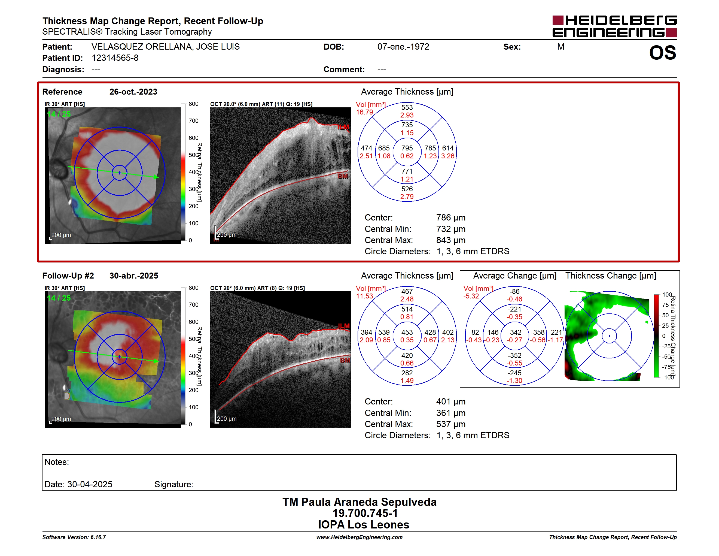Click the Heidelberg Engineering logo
coord(614,26)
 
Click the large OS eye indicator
coord(662,53)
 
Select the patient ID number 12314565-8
coord(115,58)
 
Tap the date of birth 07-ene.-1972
coord(403,47)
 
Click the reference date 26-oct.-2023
coord(133,92)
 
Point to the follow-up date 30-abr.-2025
coord(134,276)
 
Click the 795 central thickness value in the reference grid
coord(407,148)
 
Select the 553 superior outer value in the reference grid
coord(407,107)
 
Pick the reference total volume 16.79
coord(364,112)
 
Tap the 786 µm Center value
coord(451,218)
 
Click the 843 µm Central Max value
coord(451,240)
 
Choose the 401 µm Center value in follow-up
coord(451,401)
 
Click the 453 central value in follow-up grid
coord(407,332)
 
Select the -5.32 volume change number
coord(471,296)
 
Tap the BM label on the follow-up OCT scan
coord(345,360)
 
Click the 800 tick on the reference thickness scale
coord(194,104)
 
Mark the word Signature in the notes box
coord(174,485)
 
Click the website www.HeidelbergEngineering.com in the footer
coord(359,537)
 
